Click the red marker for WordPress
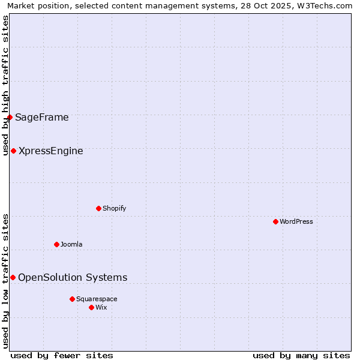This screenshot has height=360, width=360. pyautogui.click(x=275, y=221)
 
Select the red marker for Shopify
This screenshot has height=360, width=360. pyautogui.click(x=98, y=208)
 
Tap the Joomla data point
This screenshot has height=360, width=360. pyautogui.click(x=56, y=244)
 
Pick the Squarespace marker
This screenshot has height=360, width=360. pyautogui.click(x=72, y=299)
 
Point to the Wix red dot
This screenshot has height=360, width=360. pyautogui.click(x=91, y=307)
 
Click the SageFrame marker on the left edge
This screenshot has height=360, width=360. pyautogui.click(x=10, y=117)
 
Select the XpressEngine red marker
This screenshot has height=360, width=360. pyautogui.click(x=13, y=151)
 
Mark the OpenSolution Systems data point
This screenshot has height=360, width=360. pyautogui.click(x=13, y=277)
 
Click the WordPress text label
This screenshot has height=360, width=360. pyautogui.click(x=296, y=221)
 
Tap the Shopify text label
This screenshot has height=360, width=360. pyautogui.click(x=114, y=208)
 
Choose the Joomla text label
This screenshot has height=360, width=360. pyautogui.click(x=71, y=244)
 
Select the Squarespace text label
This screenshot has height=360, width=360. pyautogui.click(x=97, y=299)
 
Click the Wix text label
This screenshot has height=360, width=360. pyautogui.click(x=101, y=307)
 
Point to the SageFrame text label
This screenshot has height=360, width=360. pyautogui.click(x=42, y=117)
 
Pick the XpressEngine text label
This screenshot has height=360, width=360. pyautogui.click(x=51, y=151)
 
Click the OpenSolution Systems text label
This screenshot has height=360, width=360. pyautogui.click(x=73, y=277)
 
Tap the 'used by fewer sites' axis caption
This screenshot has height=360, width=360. pyautogui.click(x=62, y=355)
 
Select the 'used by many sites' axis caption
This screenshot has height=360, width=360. pyautogui.click(x=301, y=355)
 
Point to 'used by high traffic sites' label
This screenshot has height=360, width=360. pyautogui.click(x=6, y=86)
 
